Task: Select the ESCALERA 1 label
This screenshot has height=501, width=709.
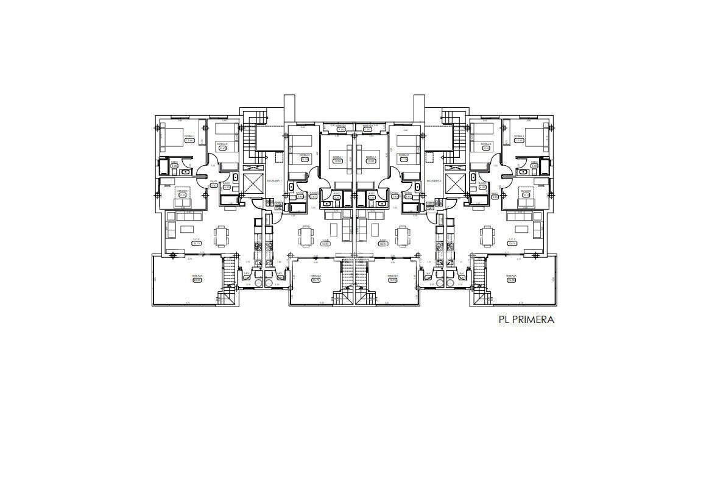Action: [273, 181]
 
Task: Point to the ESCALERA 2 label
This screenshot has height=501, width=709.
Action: [434, 181]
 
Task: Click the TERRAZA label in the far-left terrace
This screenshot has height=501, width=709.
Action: [197, 276]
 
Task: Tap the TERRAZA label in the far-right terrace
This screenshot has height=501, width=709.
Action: [510, 276]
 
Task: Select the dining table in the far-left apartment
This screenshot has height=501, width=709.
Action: [221, 235]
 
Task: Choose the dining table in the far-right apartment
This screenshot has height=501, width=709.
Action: [486, 235]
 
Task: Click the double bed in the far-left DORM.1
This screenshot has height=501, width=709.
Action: [175, 139]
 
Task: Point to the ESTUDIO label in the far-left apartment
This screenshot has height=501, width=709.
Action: [182, 191]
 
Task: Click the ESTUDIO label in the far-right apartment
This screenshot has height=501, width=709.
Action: [526, 191]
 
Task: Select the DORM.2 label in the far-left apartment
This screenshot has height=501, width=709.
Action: [222, 144]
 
